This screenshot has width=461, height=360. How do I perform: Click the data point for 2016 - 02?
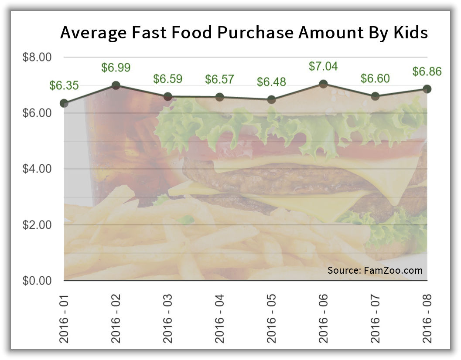[x=116, y=85]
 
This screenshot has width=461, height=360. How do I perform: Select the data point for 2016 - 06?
[x=323, y=84]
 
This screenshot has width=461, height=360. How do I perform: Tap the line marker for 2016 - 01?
[x=64, y=103]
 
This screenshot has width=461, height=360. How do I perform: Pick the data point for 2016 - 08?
[x=427, y=89]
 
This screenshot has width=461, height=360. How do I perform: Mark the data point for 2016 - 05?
[x=271, y=100]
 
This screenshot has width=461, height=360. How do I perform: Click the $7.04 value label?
[x=323, y=66]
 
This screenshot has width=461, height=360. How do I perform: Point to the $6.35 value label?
[x=64, y=85]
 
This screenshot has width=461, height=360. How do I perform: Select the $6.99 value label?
[x=116, y=68]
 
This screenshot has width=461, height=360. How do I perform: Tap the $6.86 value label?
[x=427, y=71]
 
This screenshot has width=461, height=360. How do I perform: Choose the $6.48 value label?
[x=271, y=82]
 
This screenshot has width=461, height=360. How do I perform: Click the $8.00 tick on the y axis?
[x=37, y=57]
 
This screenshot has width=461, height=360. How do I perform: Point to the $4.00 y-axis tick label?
[x=37, y=169]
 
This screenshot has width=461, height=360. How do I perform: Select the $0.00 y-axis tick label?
[x=37, y=281]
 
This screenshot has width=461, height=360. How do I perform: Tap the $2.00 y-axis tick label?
[x=37, y=225]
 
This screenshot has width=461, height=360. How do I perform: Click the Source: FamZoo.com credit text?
[x=375, y=270]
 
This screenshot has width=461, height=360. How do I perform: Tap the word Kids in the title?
[x=407, y=33]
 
